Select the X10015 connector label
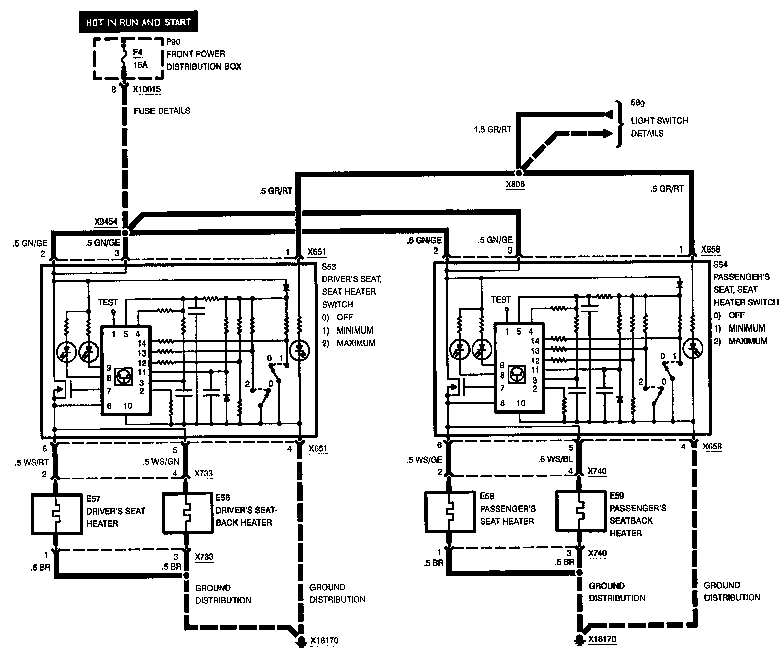(148, 90)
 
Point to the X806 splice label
(515, 184)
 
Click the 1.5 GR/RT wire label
(492, 129)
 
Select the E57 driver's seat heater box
(56, 514)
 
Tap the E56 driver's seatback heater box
(187, 514)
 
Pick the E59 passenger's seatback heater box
(580, 511)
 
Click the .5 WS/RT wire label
(31, 462)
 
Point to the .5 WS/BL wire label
(556, 459)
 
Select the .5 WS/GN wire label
(161, 462)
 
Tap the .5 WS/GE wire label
(425, 459)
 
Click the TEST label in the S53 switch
(108, 302)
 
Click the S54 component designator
(721, 264)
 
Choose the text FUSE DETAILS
(162, 111)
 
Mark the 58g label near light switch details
(638, 103)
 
